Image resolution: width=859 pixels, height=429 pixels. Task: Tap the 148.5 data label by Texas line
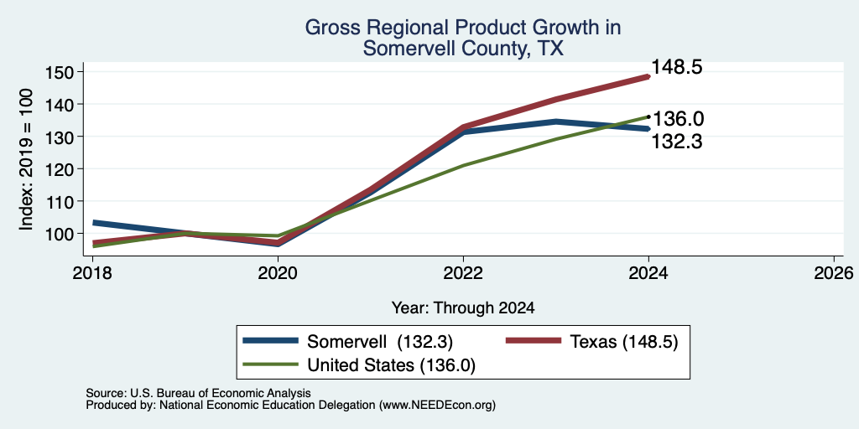coord(677,68)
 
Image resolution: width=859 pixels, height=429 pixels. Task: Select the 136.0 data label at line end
coord(678,119)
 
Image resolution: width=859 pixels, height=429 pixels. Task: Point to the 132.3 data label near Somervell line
coord(677,142)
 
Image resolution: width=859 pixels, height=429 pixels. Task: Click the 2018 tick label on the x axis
coord(92,272)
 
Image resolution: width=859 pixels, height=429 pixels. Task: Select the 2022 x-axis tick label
coord(463,272)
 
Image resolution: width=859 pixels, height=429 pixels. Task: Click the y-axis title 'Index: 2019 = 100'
coord(26,159)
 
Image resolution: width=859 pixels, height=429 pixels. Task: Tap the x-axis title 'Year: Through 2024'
coord(463,308)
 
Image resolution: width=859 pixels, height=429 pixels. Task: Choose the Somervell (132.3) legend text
coord(380,342)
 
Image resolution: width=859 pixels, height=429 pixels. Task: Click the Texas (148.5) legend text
coord(624,342)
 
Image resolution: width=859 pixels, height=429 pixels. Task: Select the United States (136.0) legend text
coord(391,365)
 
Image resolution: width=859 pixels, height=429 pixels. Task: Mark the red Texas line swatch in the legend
coord(533,341)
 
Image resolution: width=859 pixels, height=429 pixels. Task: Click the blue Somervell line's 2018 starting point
coord(93,223)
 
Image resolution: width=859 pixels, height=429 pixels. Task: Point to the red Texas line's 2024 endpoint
coord(648,76)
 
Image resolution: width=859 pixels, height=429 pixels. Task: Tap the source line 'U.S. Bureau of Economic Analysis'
coord(221,393)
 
